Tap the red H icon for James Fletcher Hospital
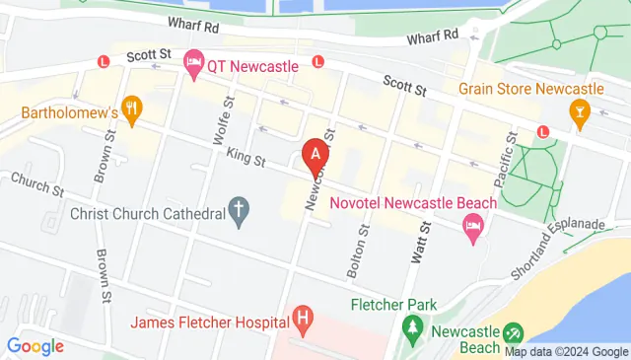pos(303,319)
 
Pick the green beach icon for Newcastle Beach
pos(513,336)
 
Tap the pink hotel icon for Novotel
pos(472,229)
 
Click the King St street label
pos(245,157)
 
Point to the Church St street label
pos(37,183)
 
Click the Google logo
pos(35,346)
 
